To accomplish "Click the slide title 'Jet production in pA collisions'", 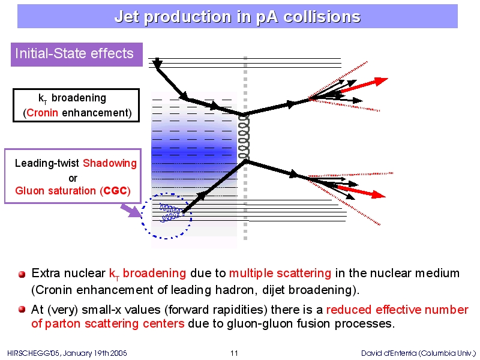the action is [x=238, y=17].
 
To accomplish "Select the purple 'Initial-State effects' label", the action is [x=77, y=55].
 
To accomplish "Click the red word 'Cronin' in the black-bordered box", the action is [x=42, y=113].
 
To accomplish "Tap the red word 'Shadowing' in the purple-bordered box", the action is [x=110, y=163].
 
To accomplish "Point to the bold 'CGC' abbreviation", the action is [x=115, y=191].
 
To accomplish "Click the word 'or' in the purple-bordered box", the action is [x=73, y=178].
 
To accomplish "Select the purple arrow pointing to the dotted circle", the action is [x=130, y=211].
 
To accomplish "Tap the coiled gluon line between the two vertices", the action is [x=244, y=137].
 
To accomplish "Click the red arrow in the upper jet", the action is [x=364, y=85].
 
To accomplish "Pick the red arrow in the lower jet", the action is [x=361, y=191].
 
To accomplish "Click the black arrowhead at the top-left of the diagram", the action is [x=157, y=64].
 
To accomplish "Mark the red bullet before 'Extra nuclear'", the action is [x=22, y=274].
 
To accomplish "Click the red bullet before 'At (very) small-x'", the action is [x=22, y=310].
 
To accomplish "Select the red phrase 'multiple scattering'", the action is [x=280, y=273].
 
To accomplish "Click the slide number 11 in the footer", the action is [x=234, y=353].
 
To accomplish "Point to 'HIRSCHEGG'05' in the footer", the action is [x=34, y=353].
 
